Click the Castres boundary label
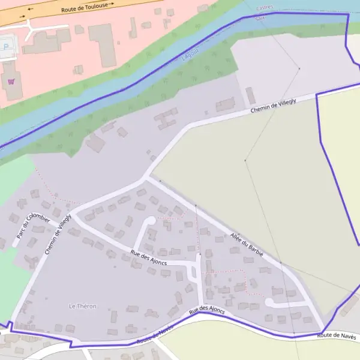point(264,8)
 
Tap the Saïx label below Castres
point(260,19)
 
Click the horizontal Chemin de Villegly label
point(273,106)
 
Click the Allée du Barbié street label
point(247,245)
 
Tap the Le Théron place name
point(83,306)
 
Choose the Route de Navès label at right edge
point(337,337)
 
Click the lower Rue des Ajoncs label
point(206,310)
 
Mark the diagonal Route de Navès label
point(155,334)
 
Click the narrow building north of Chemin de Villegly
point(250,95)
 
